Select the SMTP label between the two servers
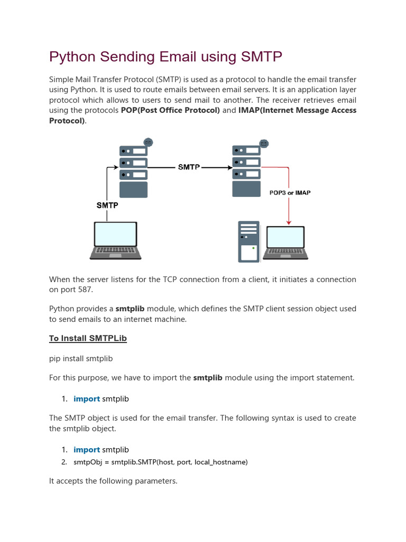[x=189, y=167]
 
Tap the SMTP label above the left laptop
[x=107, y=205]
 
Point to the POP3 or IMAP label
[x=290, y=193]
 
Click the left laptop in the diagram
[x=115, y=240]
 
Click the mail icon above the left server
[x=149, y=142]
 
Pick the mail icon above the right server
[x=263, y=143]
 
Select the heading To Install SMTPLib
[x=88, y=338]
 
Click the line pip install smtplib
[x=81, y=358]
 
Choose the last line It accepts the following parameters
[x=113, y=481]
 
